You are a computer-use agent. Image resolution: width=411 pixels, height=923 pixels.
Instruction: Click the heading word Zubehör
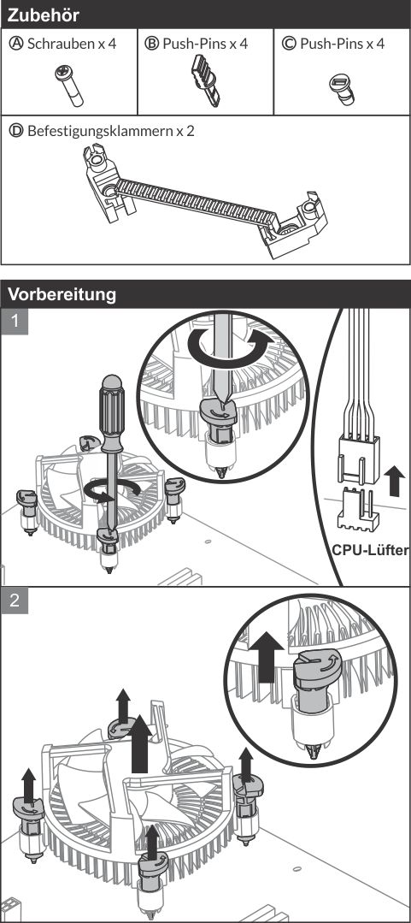(43, 15)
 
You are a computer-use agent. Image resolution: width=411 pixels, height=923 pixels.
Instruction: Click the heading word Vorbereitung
(62, 293)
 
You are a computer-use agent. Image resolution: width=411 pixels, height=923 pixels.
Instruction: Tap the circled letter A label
(16, 44)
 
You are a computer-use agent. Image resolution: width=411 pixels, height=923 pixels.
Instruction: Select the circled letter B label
(152, 44)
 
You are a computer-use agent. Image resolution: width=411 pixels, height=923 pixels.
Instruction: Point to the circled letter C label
(289, 44)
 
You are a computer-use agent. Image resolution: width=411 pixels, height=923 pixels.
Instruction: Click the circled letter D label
(16, 130)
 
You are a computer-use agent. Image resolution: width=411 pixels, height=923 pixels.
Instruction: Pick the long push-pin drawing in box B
(205, 80)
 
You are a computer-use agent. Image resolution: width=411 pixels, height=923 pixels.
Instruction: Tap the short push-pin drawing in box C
(342, 88)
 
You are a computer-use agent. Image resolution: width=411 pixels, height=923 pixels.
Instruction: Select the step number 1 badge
(15, 322)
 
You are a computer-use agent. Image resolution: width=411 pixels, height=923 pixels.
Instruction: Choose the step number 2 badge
(15, 600)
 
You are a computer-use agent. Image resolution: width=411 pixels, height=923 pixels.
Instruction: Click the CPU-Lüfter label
(371, 550)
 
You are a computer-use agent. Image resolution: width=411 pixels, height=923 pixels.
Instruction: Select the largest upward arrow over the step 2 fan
(140, 743)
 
